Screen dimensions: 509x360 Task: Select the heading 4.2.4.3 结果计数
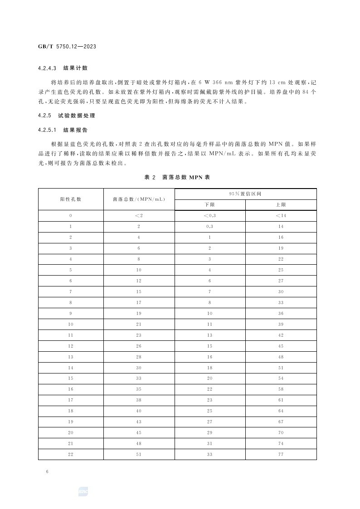pos(63,68)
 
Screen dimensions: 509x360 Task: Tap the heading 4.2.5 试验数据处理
pos(67,116)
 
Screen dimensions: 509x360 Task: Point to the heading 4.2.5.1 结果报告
pos(63,130)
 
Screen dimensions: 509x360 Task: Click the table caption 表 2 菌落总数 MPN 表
pos(177,177)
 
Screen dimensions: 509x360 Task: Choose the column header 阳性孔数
pos(71,199)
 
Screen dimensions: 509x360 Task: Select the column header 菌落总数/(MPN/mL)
pos(139,199)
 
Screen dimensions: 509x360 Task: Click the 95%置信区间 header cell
pos(245,194)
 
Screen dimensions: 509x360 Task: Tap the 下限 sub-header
pos(210,205)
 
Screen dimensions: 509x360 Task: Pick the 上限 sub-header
pos(281,205)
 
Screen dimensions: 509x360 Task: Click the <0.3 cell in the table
pos(210,216)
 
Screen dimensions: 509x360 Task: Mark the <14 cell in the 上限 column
pos(281,216)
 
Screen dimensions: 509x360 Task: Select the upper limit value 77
pos(281,454)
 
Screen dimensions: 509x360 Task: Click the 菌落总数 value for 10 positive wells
pos(139,324)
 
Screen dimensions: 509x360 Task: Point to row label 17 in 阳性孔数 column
pos(71,400)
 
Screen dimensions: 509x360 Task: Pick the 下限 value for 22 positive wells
pos(210,454)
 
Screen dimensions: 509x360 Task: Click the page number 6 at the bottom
pos(47,472)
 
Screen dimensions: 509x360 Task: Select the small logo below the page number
pos(83,491)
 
